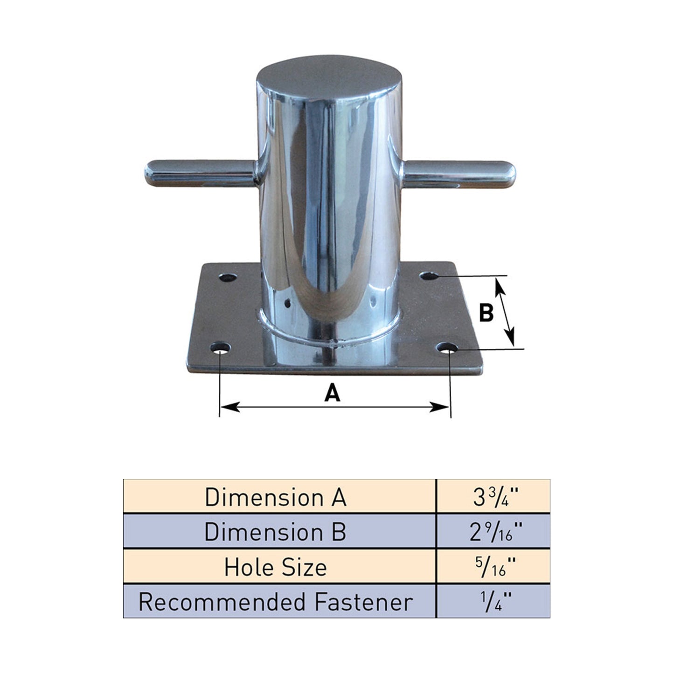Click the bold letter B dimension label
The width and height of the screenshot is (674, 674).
pyautogui.click(x=486, y=313)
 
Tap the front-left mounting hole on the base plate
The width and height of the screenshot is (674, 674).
pyautogui.click(x=220, y=348)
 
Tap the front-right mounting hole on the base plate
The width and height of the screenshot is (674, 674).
pyautogui.click(x=447, y=347)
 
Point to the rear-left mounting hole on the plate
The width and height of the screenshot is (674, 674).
pyautogui.click(x=228, y=278)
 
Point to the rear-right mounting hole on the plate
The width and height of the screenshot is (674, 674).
pyautogui.click(x=429, y=276)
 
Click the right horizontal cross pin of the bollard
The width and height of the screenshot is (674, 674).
pyautogui.click(x=458, y=174)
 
